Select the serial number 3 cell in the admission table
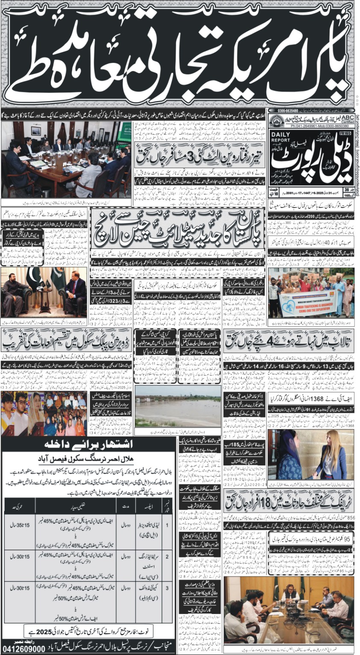(x=167, y=587)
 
